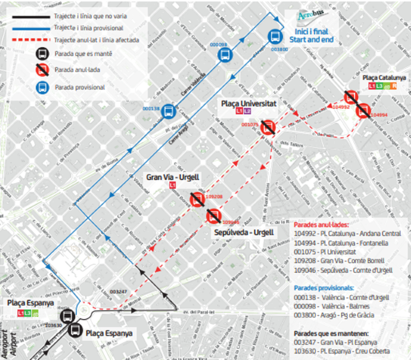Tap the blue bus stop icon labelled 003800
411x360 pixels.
coord(275,36)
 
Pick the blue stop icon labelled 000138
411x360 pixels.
coord(169,111)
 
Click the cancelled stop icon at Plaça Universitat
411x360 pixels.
coord(268,126)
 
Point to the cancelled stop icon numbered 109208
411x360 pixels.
coord(197,200)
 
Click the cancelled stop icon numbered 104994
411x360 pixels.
coord(363,111)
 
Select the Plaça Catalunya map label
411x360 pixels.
coord(384,77)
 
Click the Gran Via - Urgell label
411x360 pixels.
coord(173,178)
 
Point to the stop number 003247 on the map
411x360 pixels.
coord(119,291)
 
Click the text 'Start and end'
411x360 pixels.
coord(312,39)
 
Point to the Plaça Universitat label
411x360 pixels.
coord(249,104)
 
